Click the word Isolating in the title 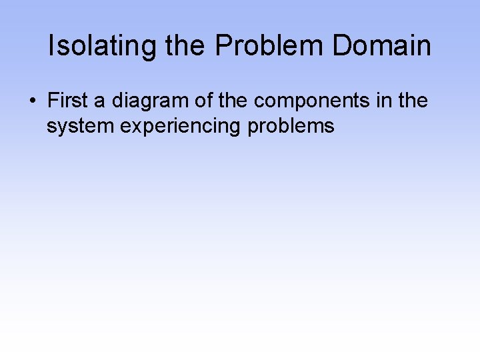click(x=102, y=46)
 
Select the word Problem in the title click(x=269, y=46)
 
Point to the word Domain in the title click(x=381, y=46)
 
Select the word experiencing click(x=181, y=125)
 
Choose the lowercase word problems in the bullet click(x=291, y=125)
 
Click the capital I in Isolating click(x=53, y=46)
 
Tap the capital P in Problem click(x=223, y=46)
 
